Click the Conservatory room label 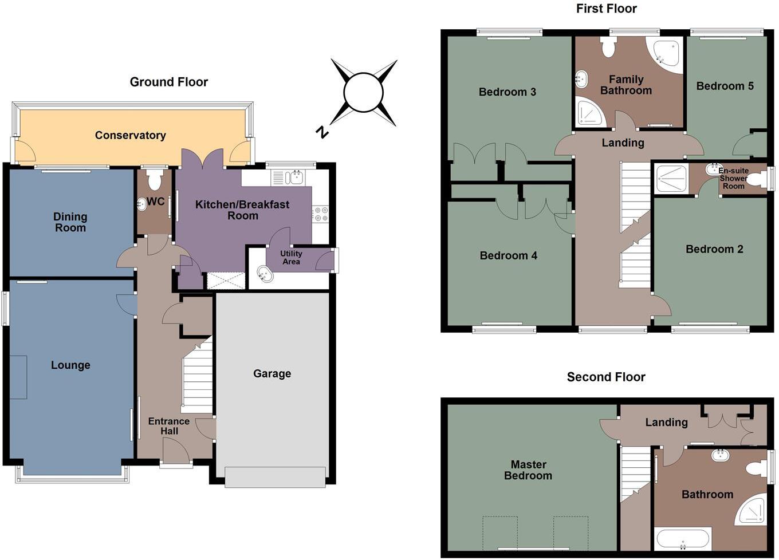(130, 135)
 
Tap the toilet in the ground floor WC (154, 181)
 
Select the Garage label (272, 373)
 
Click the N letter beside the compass (322, 132)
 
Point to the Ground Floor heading (168, 82)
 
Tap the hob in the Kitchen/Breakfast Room (320, 214)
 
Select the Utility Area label (291, 258)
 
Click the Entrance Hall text (168, 426)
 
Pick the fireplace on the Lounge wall (18, 377)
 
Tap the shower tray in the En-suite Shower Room (671, 179)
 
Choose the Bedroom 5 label (725, 86)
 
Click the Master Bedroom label (528, 470)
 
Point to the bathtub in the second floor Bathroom (683, 539)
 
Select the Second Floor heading (606, 377)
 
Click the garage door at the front (275, 477)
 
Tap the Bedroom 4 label (508, 255)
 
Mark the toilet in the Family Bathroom (608, 48)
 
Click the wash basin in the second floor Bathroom (720, 455)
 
